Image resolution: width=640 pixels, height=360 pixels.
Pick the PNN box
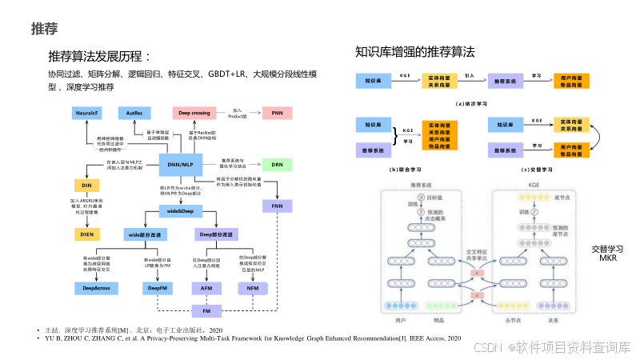point(277,113)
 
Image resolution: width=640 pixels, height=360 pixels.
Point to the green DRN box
point(277,164)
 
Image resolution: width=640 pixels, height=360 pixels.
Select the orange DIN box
point(86,185)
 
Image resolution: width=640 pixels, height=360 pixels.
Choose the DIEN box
point(86,234)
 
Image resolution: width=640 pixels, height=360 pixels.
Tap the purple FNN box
point(277,206)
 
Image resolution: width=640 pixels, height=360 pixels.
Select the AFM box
point(206,287)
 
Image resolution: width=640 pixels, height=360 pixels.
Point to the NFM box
point(252,287)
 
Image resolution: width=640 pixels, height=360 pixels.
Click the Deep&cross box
point(97,287)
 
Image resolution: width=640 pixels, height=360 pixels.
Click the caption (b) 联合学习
point(408,170)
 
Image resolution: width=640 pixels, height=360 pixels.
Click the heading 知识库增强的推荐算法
point(415,53)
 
